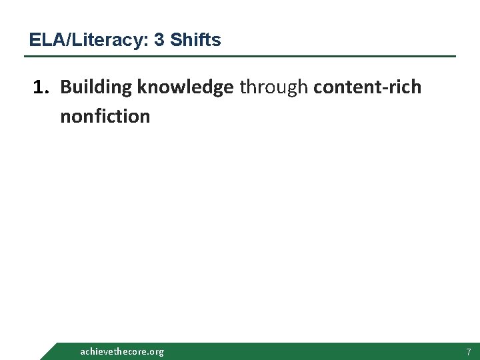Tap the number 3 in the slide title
(x=159, y=40)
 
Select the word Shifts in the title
(x=195, y=40)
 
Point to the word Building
(x=96, y=87)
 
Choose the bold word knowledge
(x=185, y=87)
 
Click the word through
(x=273, y=87)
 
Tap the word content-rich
(x=367, y=87)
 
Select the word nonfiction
(x=105, y=117)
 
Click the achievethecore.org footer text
(x=121, y=351)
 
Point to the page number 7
(x=469, y=351)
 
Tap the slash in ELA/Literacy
(x=56, y=40)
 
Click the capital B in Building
(x=65, y=87)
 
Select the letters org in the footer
(x=156, y=352)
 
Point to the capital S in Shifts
(x=175, y=40)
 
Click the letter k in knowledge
(x=142, y=87)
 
